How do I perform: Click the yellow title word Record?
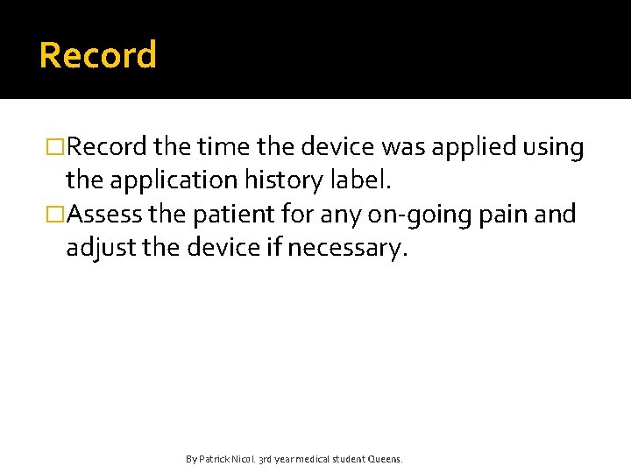coord(98,55)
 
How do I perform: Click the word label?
coord(365,180)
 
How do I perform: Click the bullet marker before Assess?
coord(56,215)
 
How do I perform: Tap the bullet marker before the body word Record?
coord(56,148)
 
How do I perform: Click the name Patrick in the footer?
coord(214,459)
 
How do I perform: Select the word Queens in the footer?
coord(384,459)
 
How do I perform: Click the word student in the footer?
coord(345,459)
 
